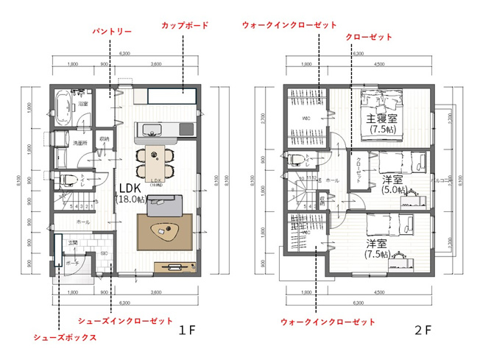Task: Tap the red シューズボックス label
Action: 65,338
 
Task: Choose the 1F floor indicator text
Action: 186,331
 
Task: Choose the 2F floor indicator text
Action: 423,331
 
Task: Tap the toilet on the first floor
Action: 63,179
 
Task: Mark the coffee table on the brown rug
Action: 166,232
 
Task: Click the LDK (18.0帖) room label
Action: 126,193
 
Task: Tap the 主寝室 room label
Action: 382,123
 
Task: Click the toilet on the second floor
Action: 296,160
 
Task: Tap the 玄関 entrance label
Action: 74,241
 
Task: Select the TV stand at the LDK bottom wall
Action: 174,267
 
